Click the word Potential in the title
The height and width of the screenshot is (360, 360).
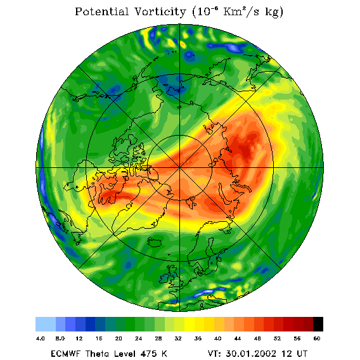click(x=102, y=11)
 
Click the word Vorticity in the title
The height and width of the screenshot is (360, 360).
click(x=160, y=11)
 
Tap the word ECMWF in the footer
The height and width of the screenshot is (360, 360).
click(x=65, y=354)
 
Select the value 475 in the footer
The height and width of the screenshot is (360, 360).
click(x=148, y=354)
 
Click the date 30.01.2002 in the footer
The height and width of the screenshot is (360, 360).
click(x=251, y=354)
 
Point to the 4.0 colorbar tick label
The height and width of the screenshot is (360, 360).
click(x=40, y=338)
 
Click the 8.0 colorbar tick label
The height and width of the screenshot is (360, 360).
click(x=60, y=338)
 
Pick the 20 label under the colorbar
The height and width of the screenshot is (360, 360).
click(x=119, y=338)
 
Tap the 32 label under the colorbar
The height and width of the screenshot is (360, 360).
click(x=178, y=338)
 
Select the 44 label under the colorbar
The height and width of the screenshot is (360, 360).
click(x=238, y=338)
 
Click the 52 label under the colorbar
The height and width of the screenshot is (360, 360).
click(x=277, y=338)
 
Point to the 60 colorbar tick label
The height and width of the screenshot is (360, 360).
click(x=317, y=338)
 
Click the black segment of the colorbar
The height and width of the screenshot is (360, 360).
click(x=318, y=324)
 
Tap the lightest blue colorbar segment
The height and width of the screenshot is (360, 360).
click(x=46, y=324)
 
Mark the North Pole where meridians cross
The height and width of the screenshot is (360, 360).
click(x=179, y=168)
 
